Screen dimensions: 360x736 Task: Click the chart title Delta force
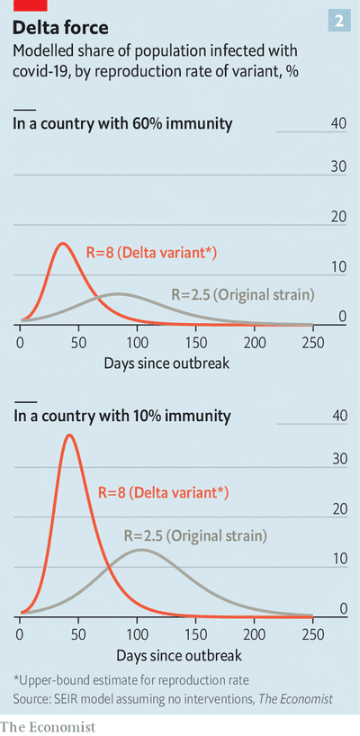pyautogui.click(x=61, y=28)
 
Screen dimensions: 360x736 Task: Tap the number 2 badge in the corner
pyautogui.click(x=338, y=21)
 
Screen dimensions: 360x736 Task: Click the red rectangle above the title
pyautogui.click(x=30, y=5)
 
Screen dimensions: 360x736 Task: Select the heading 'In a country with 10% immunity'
pyautogui.click(x=122, y=416)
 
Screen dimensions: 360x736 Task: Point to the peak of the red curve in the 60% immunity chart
pyautogui.click(x=63, y=243)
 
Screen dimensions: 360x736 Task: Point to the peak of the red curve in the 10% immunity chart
pyautogui.click(x=69, y=435)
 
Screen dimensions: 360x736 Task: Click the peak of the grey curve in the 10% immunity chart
pyautogui.click(x=140, y=550)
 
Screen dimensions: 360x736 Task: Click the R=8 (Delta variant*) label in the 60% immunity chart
pyautogui.click(x=151, y=254)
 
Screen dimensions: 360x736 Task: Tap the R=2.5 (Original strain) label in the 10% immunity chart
pyautogui.click(x=195, y=536)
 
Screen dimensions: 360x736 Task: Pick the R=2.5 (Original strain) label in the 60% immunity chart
pyautogui.click(x=242, y=295)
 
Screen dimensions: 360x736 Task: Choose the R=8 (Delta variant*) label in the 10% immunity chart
pyautogui.click(x=163, y=493)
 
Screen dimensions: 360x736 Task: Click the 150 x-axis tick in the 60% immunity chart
pyautogui.click(x=195, y=343)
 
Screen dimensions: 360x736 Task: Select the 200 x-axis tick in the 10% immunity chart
pyautogui.click(x=255, y=635)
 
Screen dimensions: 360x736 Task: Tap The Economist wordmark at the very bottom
pyautogui.click(x=48, y=727)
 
